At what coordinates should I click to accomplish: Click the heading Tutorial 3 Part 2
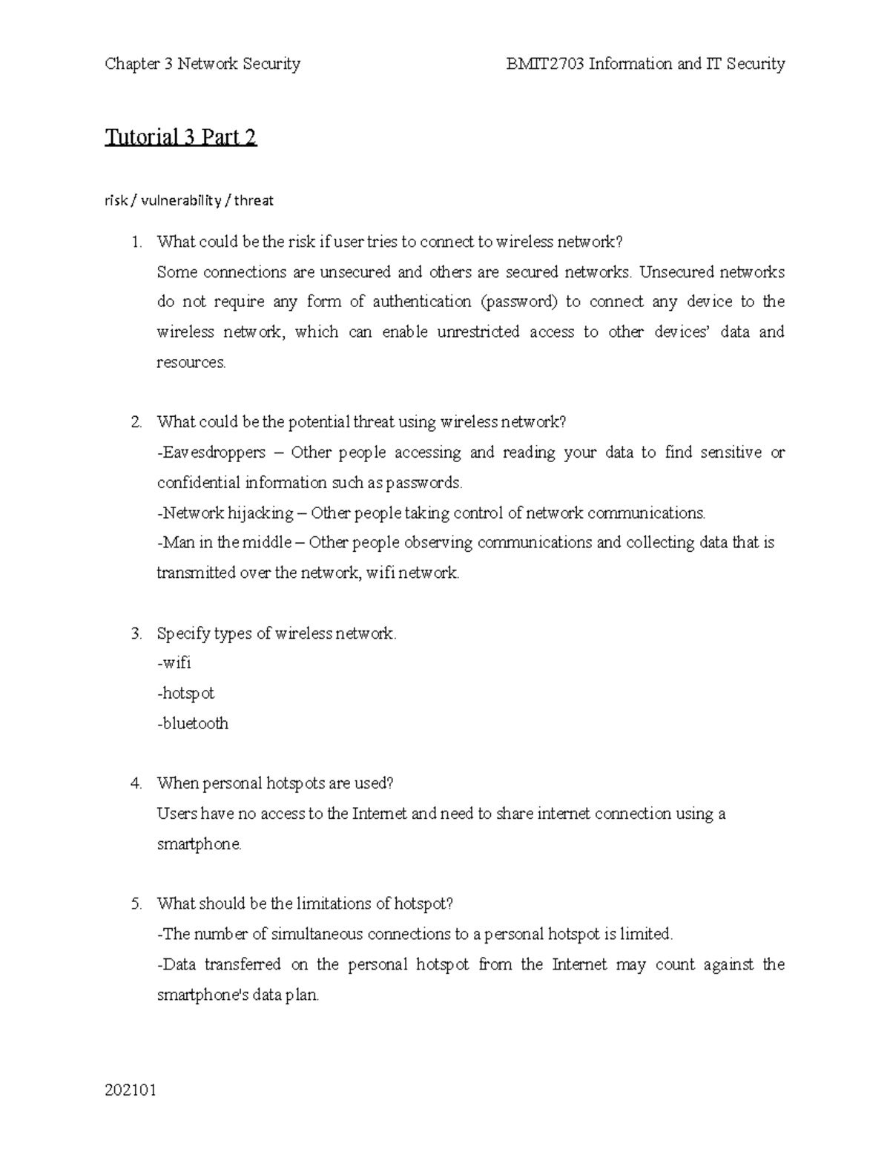(180, 137)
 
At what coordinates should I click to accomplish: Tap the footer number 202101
(131, 1090)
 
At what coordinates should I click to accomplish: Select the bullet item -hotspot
(185, 694)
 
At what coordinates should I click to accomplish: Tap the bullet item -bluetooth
(193, 724)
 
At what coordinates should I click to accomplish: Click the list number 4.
(136, 783)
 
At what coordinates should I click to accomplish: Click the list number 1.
(136, 242)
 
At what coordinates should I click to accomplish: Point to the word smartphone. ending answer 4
(200, 844)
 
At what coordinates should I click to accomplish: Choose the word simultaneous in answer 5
(317, 935)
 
